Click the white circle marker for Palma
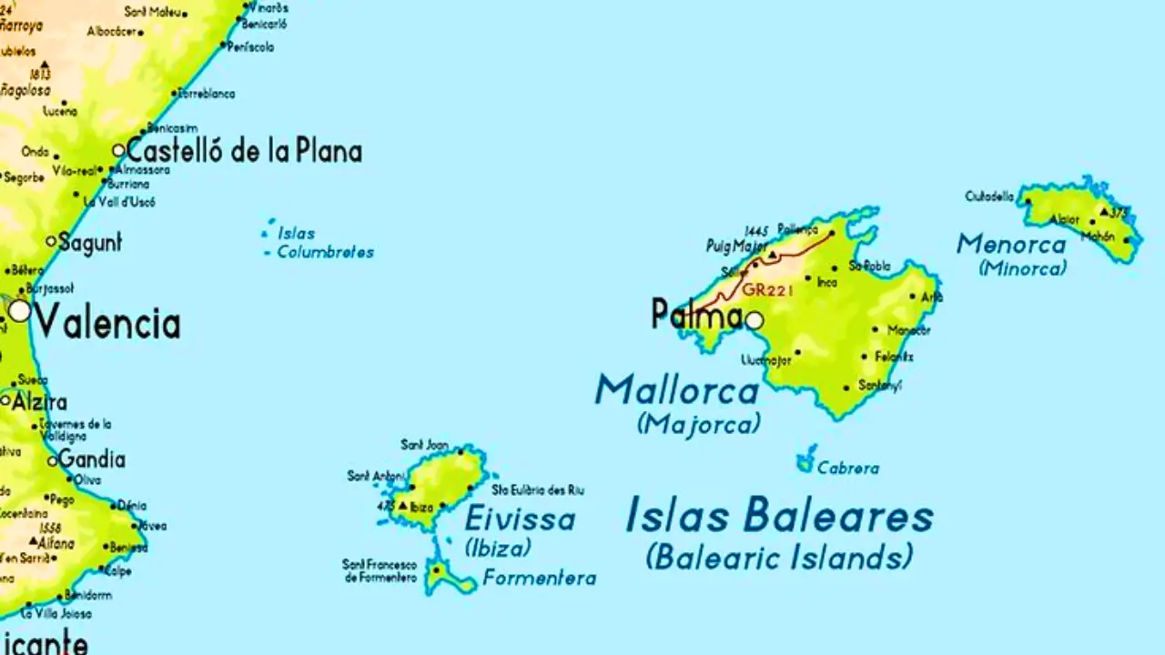pyautogui.click(x=755, y=320)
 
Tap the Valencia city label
pyautogui.click(x=108, y=323)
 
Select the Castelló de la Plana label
pyautogui.click(x=244, y=151)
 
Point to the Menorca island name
pyautogui.click(x=1011, y=244)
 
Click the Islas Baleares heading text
pyautogui.click(x=779, y=517)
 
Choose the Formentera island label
pyautogui.click(x=540, y=578)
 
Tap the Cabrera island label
pyautogui.click(x=848, y=469)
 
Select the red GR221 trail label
pyautogui.click(x=768, y=290)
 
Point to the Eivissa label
pyautogui.click(x=520, y=519)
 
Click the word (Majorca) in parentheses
pyautogui.click(x=699, y=424)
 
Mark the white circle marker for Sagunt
pyautogui.click(x=51, y=241)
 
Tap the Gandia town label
pyautogui.click(x=92, y=459)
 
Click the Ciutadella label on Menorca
pyautogui.click(x=989, y=196)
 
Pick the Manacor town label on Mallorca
pyautogui.click(x=908, y=329)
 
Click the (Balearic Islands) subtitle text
pyautogui.click(x=779, y=556)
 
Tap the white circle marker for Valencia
pyautogui.click(x=20, y=311)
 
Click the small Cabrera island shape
pyautogui.click(x=805, y=462)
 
